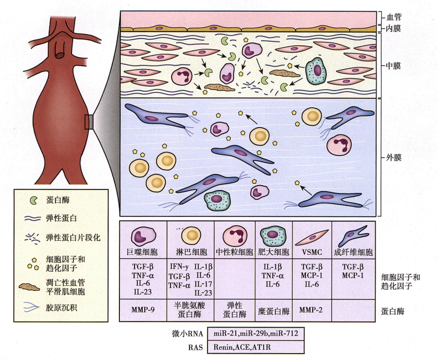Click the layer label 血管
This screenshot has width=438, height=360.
tap(394, 18)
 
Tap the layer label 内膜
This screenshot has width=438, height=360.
tap(393, 28)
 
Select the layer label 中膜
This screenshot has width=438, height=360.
tap(393, 66)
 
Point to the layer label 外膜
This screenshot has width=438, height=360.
tap(393, 158)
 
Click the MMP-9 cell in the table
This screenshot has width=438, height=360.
tap(143, 310)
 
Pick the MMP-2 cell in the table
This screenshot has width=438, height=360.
tap(311, 310)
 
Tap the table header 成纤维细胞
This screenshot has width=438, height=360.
tap(353, 252)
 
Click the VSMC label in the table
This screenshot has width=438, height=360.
tap(312, 252)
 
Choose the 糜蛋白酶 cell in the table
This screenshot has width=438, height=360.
tap(273, 311)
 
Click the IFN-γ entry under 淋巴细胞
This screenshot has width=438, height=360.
tap(179, 266)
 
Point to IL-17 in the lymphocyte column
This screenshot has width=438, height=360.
tap(203, 284)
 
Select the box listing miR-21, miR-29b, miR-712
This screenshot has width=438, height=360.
tap(256, 334)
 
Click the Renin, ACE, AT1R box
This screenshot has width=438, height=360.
tap(256, 347)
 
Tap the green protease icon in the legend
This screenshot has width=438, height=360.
tap(34, 200)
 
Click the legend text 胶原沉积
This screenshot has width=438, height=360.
tap(61, 308)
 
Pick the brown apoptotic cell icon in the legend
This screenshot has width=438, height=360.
tap(29, 287)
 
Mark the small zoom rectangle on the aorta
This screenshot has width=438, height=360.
tap(89, 122)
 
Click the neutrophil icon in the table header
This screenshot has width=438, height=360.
tap(235, 235)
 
